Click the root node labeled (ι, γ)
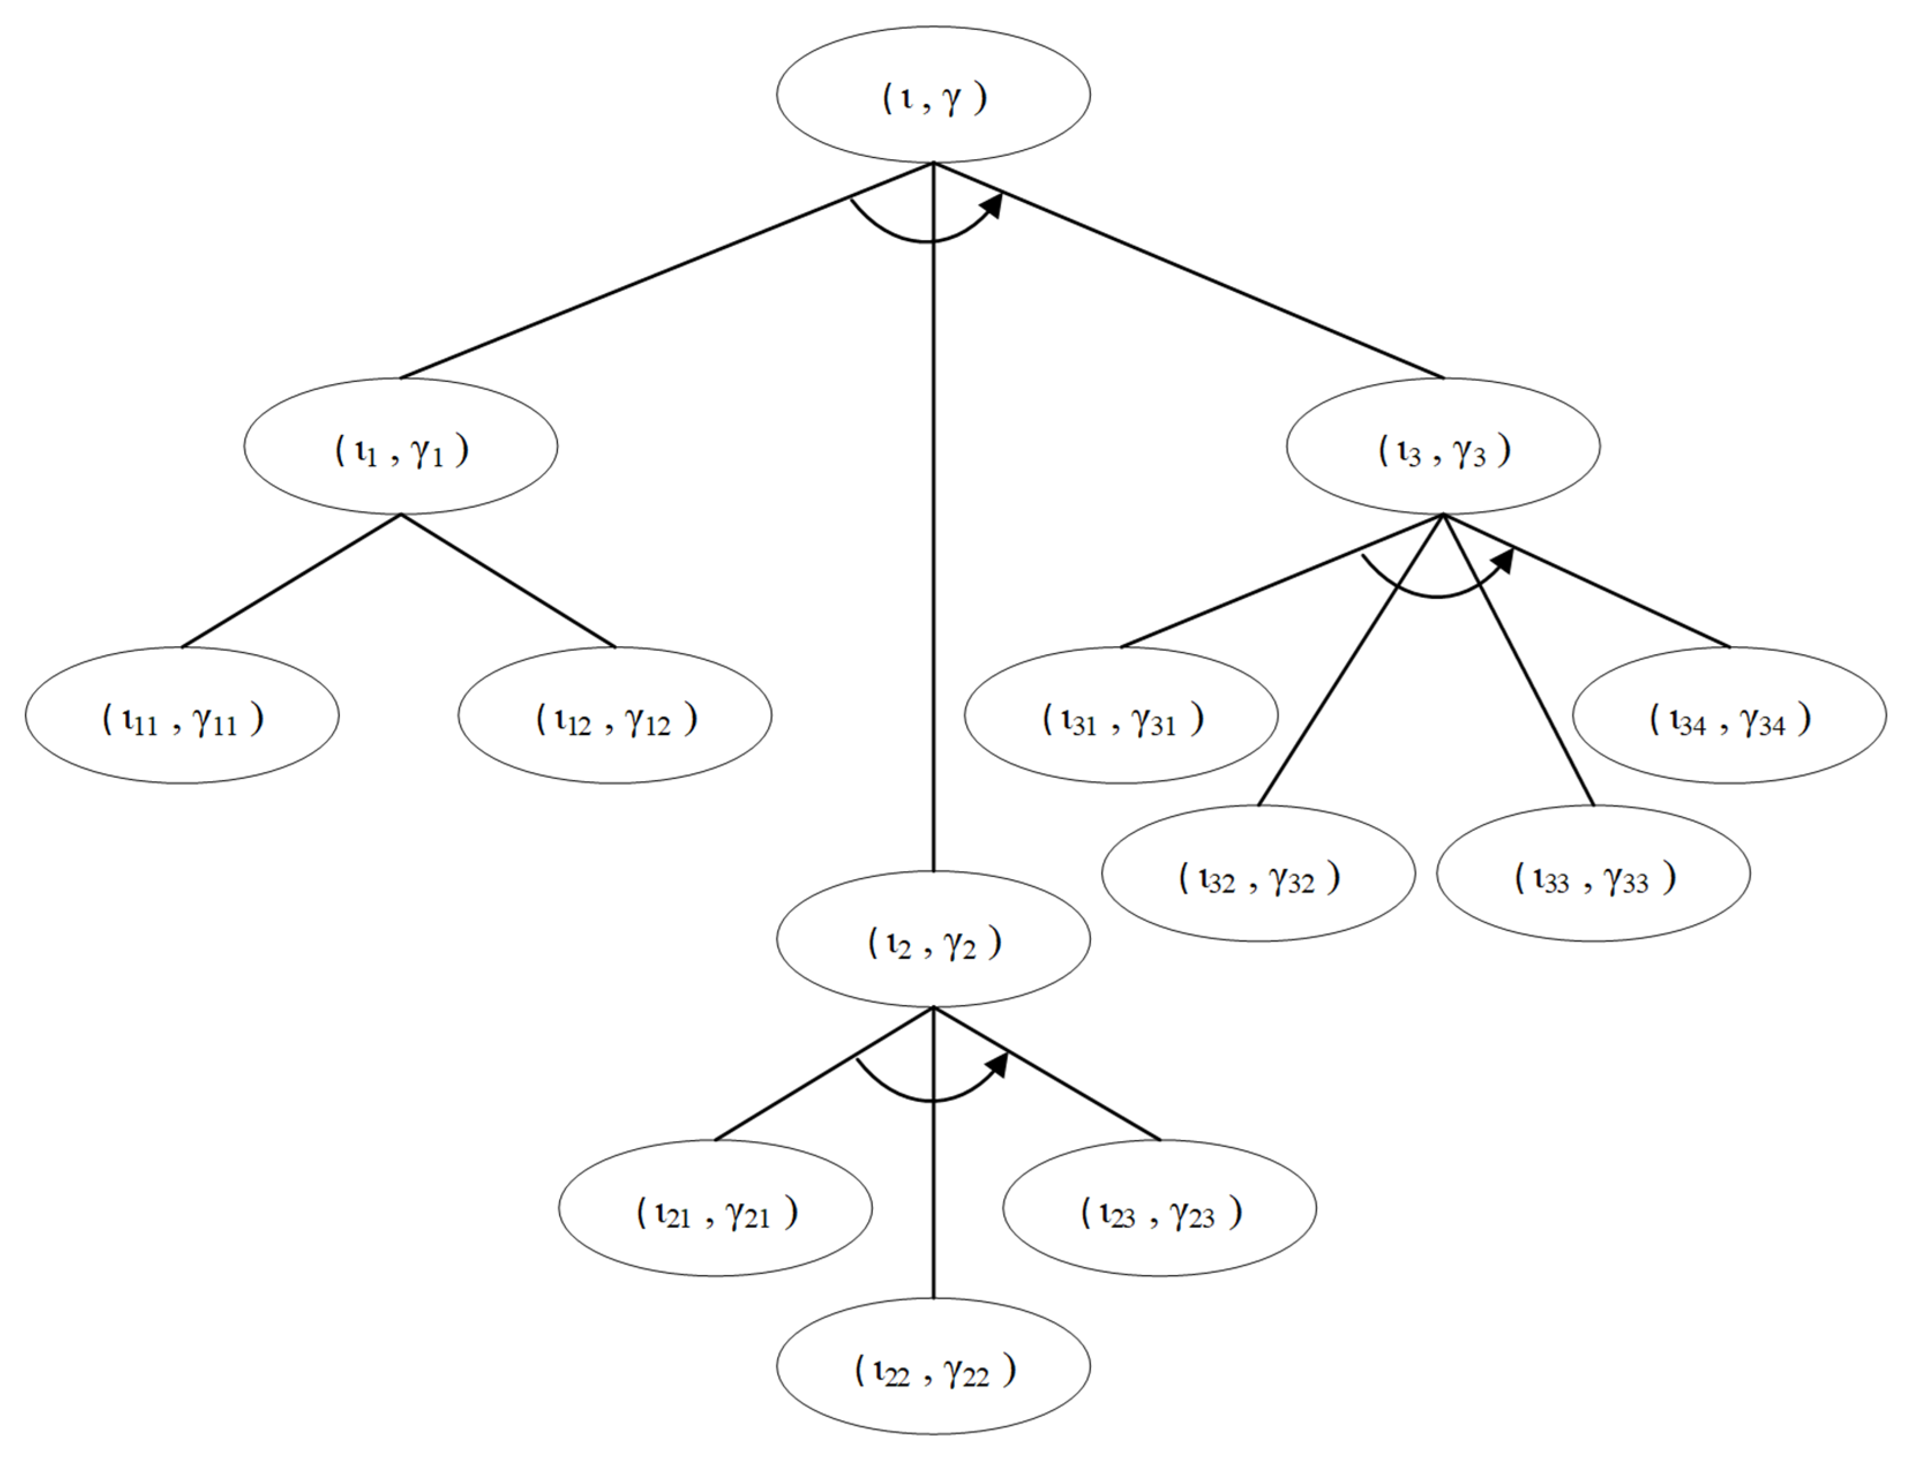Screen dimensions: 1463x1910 pyautogui.click(x=933, y=94)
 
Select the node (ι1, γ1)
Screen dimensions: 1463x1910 pyautogui.click(x=400, y=446)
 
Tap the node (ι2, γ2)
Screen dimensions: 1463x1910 pyautogui.click(x=933, y=939)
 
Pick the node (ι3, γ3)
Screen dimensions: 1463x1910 pyautogui.click(x=1443, y=446)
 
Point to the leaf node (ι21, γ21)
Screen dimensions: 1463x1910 pyautogui.click(x=715, y=1208)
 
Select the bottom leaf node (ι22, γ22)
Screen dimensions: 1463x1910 pyautogui.click(x=933, y=1366)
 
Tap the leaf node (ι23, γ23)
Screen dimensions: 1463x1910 pyautogui.click(x=1159, y=1208)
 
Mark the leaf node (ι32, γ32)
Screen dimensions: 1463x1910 pyautogui.click(x=1258, y=873)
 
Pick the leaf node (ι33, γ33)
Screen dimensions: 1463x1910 pyautogui.click(x=1593, y=873)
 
